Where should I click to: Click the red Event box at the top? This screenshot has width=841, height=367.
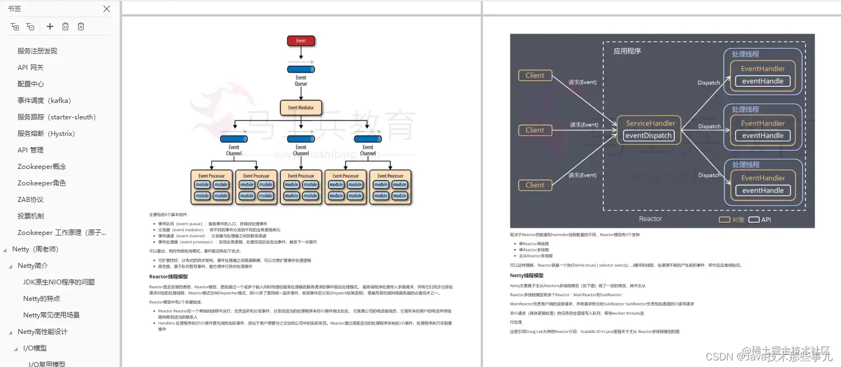pos(301,41)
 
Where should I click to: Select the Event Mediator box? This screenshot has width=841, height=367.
pos(301,107)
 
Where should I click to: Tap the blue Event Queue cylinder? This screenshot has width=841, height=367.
pos(301,69)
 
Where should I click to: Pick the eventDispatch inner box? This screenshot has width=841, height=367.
pos(649,135)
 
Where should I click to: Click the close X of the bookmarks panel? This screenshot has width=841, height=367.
pos(107,9)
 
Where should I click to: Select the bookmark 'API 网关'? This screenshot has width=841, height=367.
pos(30,67)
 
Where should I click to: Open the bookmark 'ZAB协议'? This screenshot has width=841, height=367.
pos(30,199)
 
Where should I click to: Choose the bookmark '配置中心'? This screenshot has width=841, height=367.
pos(31,84)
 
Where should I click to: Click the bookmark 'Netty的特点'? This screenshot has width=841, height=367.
pos(42,298)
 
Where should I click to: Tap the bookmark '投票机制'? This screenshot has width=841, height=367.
pos(31,216)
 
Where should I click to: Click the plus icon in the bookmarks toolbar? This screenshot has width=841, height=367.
pos(50,26)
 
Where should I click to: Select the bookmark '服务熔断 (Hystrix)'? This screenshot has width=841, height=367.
pos(46,133)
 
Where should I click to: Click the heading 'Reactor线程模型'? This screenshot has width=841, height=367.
pos(168,277)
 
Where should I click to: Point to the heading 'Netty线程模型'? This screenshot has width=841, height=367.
pos(526,276)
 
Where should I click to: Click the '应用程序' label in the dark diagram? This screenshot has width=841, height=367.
pos(628,51)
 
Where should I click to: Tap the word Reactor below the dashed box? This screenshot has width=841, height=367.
pos(650,219)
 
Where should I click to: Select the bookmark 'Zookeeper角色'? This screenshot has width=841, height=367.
pos(42,183)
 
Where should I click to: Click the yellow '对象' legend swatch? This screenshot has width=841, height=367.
pos(724,220)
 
